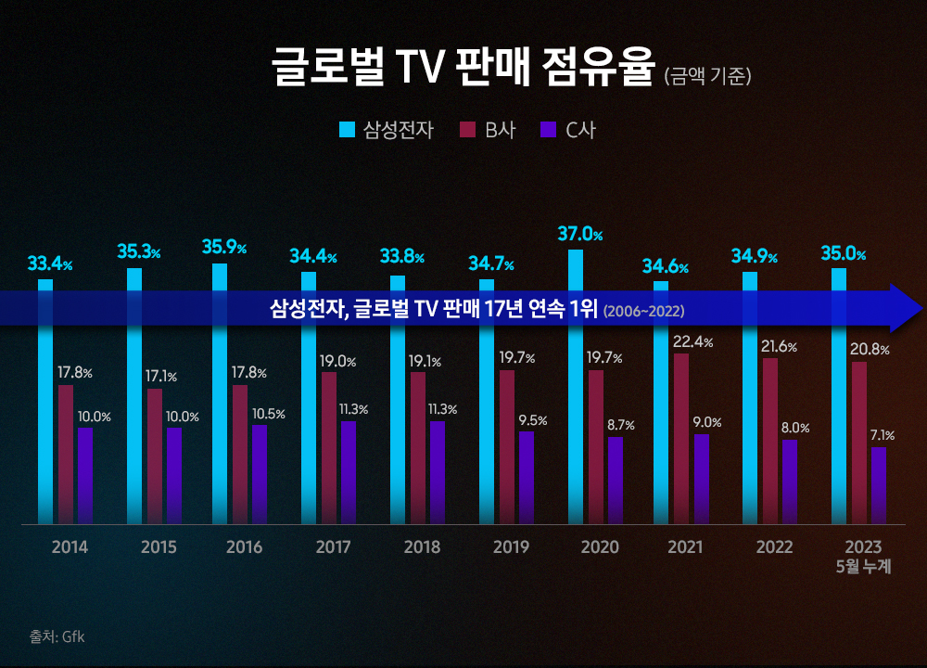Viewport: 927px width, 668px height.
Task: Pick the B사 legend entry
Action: (x=489, y=130)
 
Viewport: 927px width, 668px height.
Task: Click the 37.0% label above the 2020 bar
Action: (x=579, y=235)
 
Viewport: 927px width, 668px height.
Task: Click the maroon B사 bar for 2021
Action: (x=681, y=436)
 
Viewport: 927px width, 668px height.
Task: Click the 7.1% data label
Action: (x=882, y=435)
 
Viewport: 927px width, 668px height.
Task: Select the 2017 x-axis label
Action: (x=333, y=547)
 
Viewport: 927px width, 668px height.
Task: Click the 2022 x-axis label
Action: (x=774, y=547)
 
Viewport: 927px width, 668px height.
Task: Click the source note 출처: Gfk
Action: (x=57, y=637)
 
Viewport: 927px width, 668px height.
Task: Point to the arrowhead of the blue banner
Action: (x=905, y=308)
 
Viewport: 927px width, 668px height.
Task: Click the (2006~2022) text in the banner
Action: (x=643, y=310)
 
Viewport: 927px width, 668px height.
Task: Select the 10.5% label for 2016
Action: (x=269, y=414)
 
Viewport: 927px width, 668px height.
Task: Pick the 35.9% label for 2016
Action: (x=224, y=248)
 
